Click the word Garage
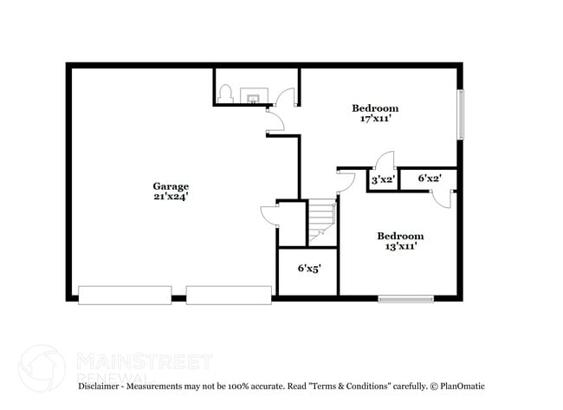click(171, 186)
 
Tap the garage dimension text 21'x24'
click(171, 198)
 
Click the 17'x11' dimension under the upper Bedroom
click(375, 119)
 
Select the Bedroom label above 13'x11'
click(399, 236)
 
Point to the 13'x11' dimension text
click(399, 247)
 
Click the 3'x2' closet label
click(382, 179)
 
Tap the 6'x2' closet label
click(430, 179)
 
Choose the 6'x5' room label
click(309, 269)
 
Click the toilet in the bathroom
click(225, 93)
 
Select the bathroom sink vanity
click(253, 94)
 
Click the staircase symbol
click(320, 221)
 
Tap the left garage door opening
click(125, 296)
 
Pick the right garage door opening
click(229, 296)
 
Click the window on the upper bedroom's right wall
click(461, 114)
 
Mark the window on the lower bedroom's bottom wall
click(405, 299)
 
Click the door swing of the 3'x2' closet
click(385, 161)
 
